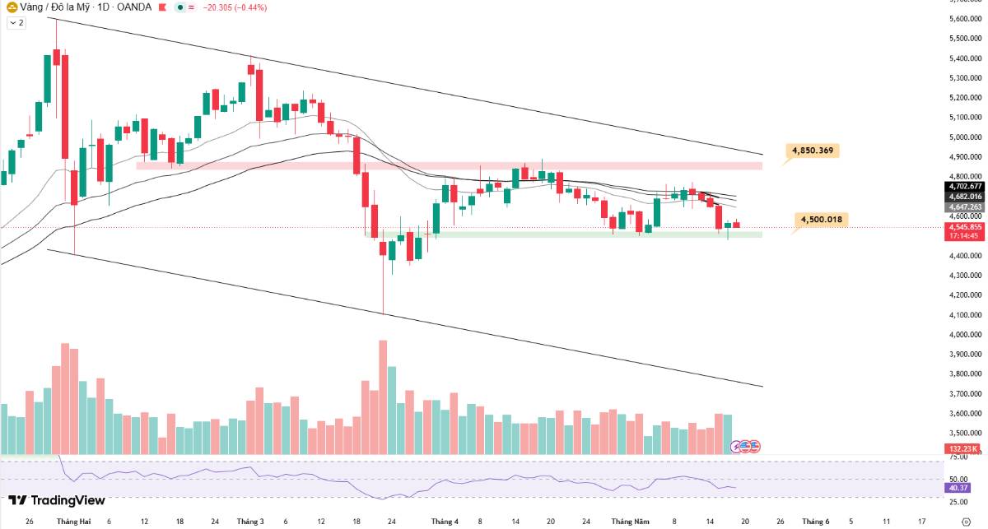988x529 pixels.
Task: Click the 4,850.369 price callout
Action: coord(813,151)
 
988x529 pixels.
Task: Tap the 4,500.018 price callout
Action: coord(821,220)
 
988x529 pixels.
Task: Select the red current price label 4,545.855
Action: coord(966,227)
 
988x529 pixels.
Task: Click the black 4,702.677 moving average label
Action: coord(966,187)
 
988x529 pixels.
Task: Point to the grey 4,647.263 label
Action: coord(966,206)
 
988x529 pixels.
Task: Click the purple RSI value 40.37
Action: coord(958,488)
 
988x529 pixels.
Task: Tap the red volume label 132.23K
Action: coord(962,448)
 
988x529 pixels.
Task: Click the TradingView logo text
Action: coord(57,500)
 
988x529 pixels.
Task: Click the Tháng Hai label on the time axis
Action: coord(73,522)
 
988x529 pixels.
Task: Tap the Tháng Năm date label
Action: coord(630,522)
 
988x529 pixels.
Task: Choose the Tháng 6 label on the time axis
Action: coord(816,522)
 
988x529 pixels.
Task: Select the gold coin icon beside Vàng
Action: coord(12,7)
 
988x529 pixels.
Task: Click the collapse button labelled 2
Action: coord(16,22)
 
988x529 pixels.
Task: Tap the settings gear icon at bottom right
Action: coord(966,522)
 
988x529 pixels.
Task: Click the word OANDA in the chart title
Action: coord(134,7)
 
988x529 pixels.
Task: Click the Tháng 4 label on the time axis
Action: coord(445,522)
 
